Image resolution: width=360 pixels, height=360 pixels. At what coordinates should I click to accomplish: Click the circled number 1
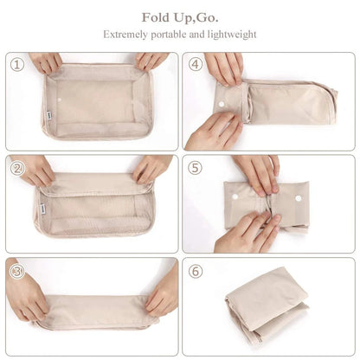pyautogui.click(x=16, y=64)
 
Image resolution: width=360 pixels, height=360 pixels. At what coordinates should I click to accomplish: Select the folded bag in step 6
pyautogui.click(x=268, y=303)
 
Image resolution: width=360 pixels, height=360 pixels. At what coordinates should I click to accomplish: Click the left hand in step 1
pyautogui.click(x=47, y=61)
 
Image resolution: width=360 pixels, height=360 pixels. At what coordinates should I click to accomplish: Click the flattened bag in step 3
pyautogui.click(x=95, y=310)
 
